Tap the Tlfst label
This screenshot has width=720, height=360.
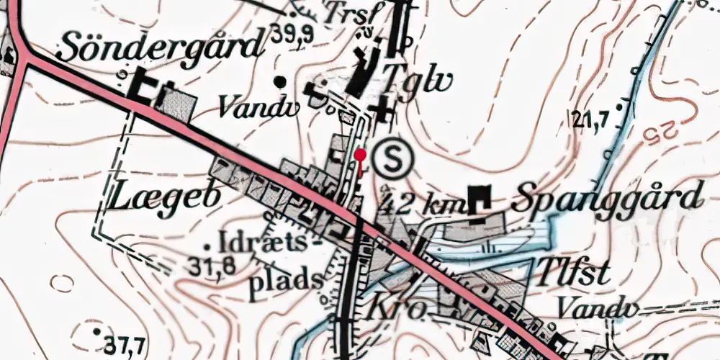pos(573,274)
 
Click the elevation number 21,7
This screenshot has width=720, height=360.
pos(593,117)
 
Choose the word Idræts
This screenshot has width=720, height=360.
pos(260,240)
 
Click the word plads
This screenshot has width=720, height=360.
pos(284,278)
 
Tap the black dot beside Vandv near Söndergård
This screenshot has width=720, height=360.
pos(279,81)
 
